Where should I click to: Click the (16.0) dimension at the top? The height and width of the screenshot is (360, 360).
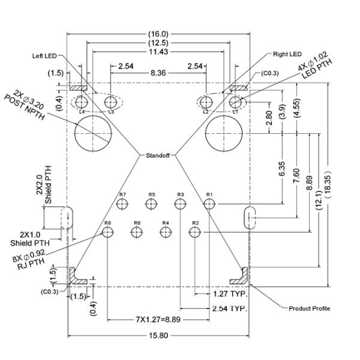pyautogui.click(x=158, y=34)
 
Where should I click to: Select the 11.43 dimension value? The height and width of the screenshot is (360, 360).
pyautogui.click(x=158, y=53)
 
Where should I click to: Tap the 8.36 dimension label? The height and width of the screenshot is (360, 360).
pyautogui.click(x=158, y=73)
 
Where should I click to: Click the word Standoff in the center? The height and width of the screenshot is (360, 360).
pyautogui.click(x=158, y=156)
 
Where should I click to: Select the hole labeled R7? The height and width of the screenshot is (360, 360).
pyautogui.click(x=123, y=205)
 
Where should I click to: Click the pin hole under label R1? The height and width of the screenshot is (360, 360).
pyautogui.click(x=209, y=205)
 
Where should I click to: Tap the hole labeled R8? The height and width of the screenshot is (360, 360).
pyautogui.click(x=108, y=232)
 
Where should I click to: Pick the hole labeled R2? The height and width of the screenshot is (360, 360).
pyautogui.click(x=194, y=232)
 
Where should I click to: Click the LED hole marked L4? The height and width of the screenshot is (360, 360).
pyautogui.click(x=82, y=103)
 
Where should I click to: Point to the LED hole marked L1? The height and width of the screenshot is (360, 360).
pyautogui.click(x=235, y=103)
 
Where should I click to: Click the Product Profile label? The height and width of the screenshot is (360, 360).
pyautogui.click(x=309, y=308)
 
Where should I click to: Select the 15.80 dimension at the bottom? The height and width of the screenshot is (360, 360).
pyautogui.click(x=158, y=335)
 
